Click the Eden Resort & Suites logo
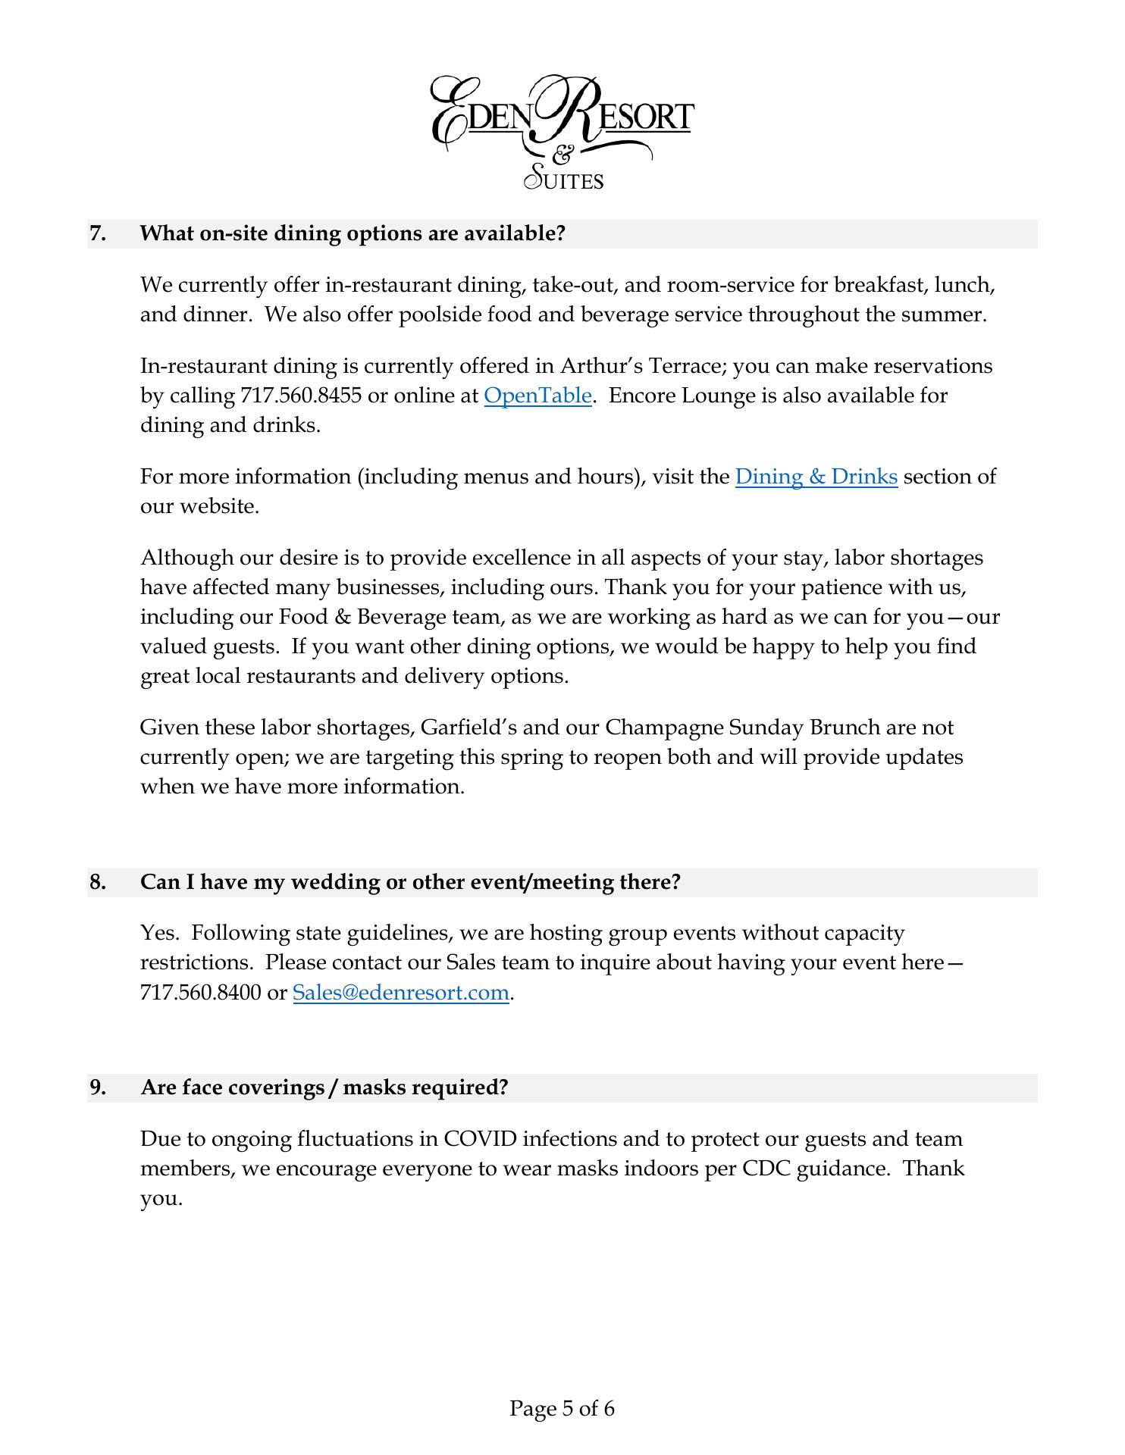[x=562, y=130]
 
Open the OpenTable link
[x=537, y=396]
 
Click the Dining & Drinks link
[x=816, y=477]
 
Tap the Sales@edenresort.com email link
[x=400, y=992]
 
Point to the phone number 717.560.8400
[x=201, y=992]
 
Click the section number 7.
[x=97, y=233]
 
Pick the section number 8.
[x=97, y=882]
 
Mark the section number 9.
[x=97, y=1087]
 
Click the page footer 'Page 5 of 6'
[x=562, y=1409]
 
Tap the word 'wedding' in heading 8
[x=337, y=882]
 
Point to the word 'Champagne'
[x=664, y=727]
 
